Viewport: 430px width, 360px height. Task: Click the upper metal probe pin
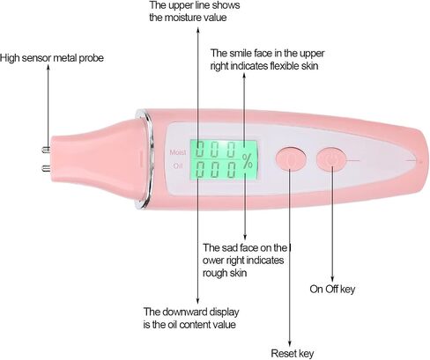(46, 150)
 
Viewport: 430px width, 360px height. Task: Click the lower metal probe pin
(46, 168)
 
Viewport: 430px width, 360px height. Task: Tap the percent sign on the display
(248, 161)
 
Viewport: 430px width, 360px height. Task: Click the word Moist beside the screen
(178, 152)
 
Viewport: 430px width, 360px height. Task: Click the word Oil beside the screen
(178, 165)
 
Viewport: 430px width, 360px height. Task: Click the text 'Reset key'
(293, 353)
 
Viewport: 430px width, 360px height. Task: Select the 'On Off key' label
(332, 289)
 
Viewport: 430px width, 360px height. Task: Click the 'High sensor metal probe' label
(52, 58)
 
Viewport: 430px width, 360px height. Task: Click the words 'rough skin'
(225, 273)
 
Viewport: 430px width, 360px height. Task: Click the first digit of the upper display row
(200, 150)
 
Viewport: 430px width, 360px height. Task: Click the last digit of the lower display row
(232, 169)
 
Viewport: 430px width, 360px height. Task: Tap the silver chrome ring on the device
(149, 158)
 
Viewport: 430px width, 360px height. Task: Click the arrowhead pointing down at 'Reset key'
(290, 344)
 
